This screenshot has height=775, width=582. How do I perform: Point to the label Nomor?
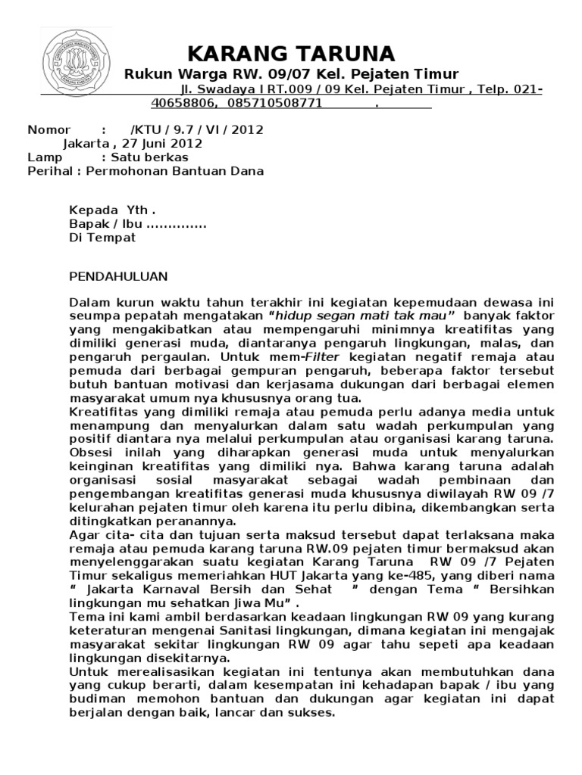(48, 129)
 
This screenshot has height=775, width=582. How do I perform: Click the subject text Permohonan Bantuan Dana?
(175, 171)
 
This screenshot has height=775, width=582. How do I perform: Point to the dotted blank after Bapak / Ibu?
(175, 224)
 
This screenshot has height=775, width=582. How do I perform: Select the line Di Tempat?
(102, 238)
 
